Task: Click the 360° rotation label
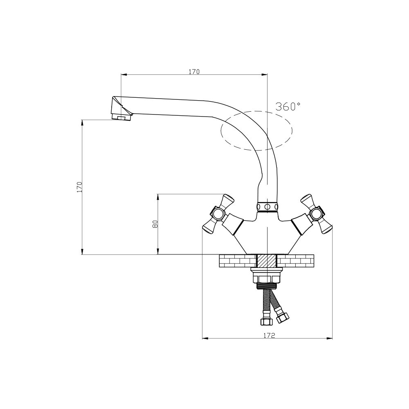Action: click(x=288, y=106)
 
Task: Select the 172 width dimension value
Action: click(x=269, y=335)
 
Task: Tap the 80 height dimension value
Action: click(x=155, y=224)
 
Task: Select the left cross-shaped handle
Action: click(x=218, y=213)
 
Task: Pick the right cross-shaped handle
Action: click(x=317, y=213)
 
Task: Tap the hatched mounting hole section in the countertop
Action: click(x=267, y=261)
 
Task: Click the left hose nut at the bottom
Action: click(x=266, y=321)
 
